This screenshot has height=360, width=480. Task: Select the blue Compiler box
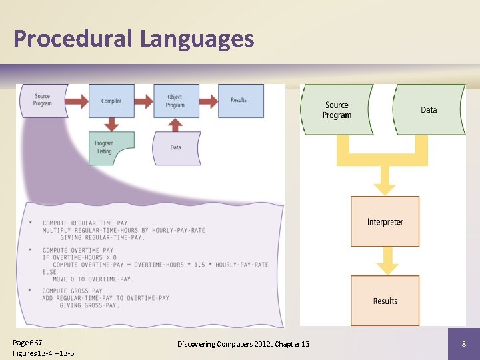[x=111, y=101]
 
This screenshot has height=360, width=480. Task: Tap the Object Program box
[x=175, y=101]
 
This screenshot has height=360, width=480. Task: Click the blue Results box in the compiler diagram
[x=240, y=101]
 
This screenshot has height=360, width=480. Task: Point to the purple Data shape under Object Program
[x=176, y=148]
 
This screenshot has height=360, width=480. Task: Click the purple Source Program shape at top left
[x=43, y=101]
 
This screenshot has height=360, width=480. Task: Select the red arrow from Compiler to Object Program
[x=143, y=101]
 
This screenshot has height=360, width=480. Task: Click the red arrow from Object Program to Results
[x=208, y=101]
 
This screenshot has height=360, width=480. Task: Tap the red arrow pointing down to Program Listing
[x=111, y=124]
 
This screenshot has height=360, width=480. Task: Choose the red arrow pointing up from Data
[x=176, y=124]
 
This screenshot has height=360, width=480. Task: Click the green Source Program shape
[x=337, y=110]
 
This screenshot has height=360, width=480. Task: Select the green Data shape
[x=429, y=110]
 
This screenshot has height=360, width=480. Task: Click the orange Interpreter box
[x=385, y=221]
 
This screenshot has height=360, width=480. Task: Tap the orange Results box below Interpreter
[x=385, y=301]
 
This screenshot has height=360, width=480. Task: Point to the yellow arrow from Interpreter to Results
[x=385, y=261]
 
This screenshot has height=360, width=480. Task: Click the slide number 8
[x=463, y=344]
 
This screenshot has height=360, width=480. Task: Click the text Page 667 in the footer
[x=27, y=341]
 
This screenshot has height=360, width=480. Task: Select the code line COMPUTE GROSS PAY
[x=73, y=291]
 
